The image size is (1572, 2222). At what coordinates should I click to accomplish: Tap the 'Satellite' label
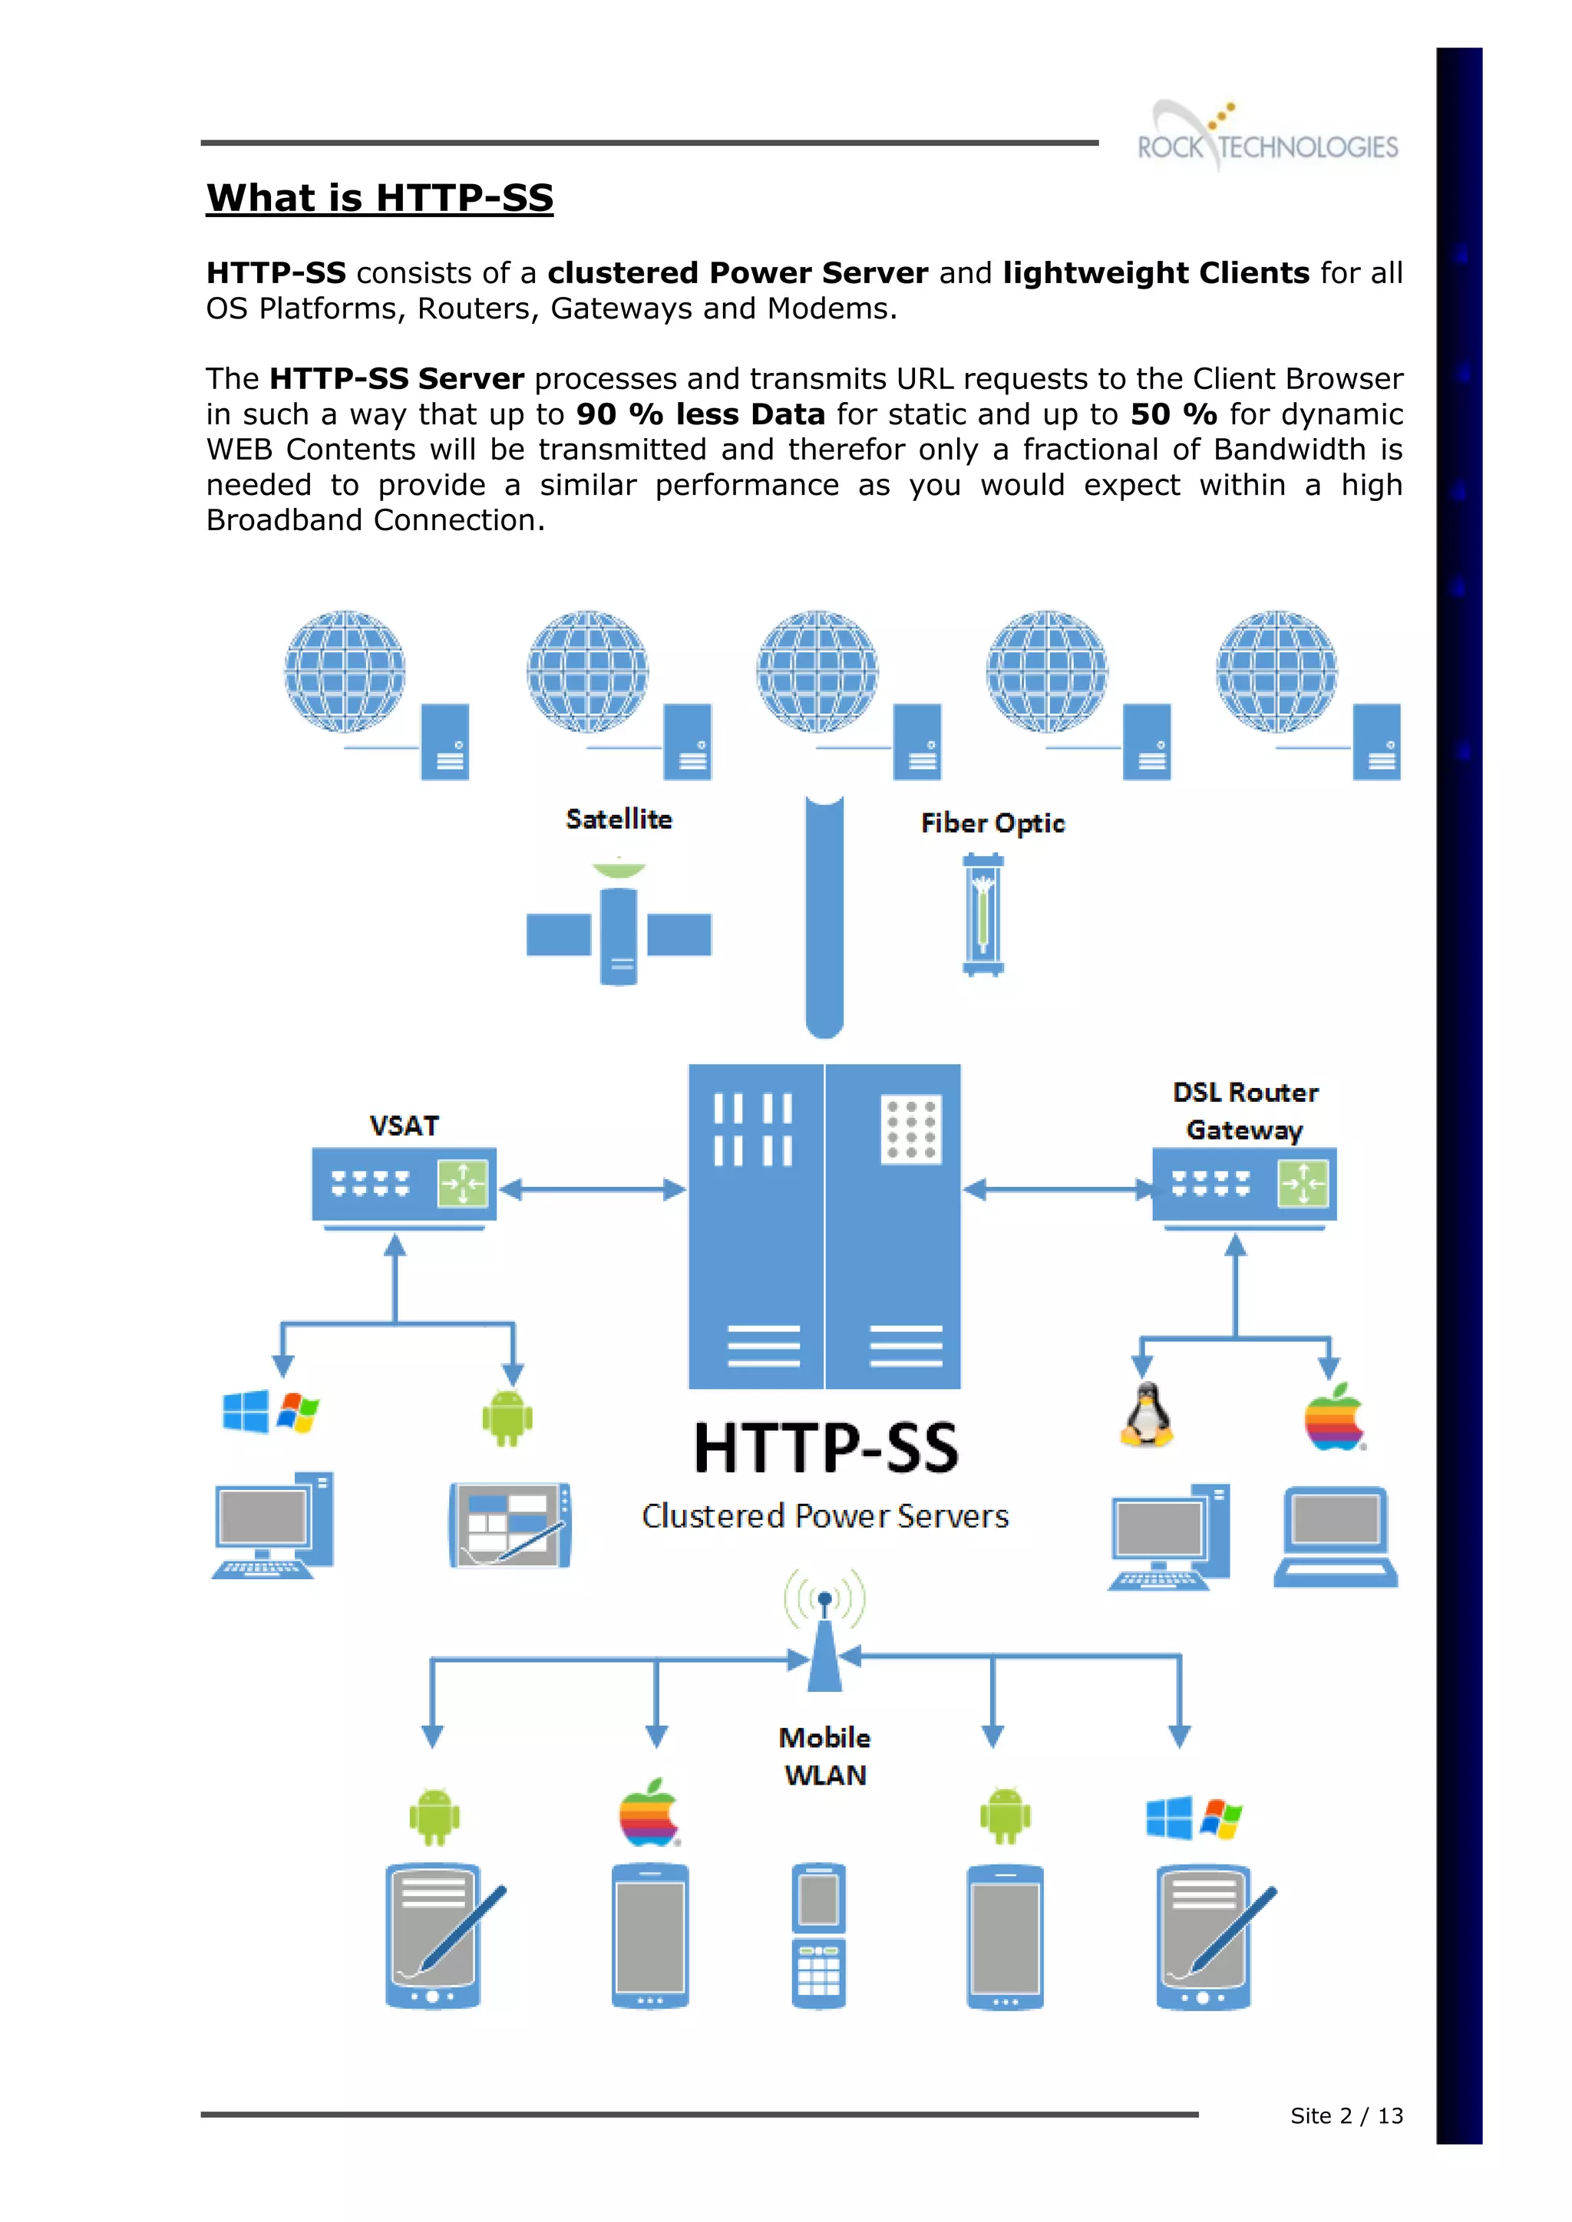[x=619, y=819]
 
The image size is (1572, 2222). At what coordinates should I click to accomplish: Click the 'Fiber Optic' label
[x=992, y=823]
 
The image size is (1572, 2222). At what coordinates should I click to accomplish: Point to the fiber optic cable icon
[x=982, y=915]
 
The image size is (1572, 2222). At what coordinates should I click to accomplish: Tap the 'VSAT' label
[x=404, y=1126]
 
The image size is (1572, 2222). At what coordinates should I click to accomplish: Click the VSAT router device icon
[x=404, y=1185]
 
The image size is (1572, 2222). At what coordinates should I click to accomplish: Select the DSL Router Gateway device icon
[x=1243, y=1185]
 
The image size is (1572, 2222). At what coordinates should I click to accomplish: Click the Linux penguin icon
[x=1146, y=1415]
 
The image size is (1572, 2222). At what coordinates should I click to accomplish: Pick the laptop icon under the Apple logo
[x=1335, y=1537]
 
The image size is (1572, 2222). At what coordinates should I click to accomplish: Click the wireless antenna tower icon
[x=824, y=1636]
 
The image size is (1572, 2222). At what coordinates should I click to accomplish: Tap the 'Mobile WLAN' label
[x=824, y=1756]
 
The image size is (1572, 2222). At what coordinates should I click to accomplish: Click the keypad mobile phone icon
[x=819, y=1936]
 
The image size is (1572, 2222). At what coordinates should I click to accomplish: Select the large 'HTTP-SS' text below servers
[x=826, y=1449]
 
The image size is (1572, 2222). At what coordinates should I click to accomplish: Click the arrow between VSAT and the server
[x=593, y=1189]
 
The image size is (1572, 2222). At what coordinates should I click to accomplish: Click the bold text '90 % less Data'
[x=700, y=414]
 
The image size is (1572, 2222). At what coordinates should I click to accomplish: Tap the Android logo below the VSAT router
[x=507, y=1418]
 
